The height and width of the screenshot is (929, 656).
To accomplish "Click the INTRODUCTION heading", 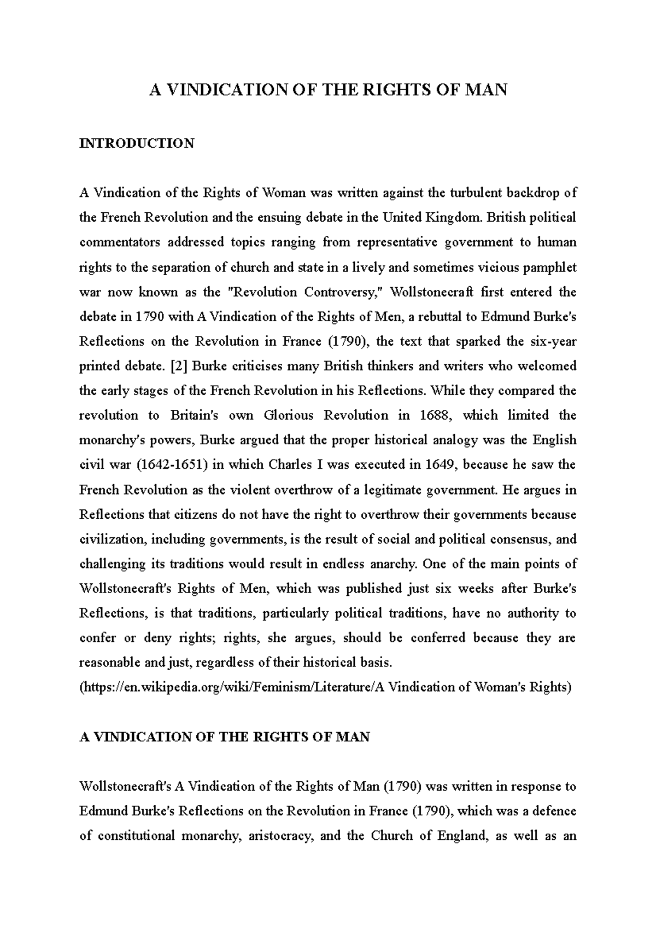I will [x=137, y=143].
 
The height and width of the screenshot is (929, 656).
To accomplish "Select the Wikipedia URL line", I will [x=325, y=687].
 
